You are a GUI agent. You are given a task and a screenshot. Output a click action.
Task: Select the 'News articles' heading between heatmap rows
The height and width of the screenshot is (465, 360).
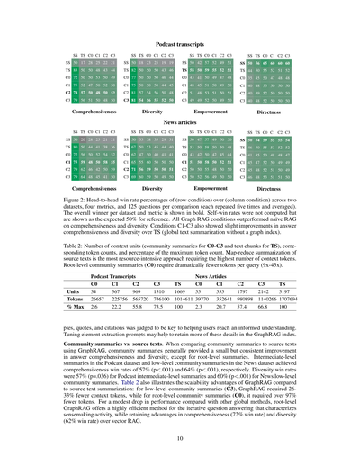coord(179,120)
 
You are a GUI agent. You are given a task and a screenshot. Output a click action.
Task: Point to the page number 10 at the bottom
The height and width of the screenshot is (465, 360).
coord(179,438)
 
